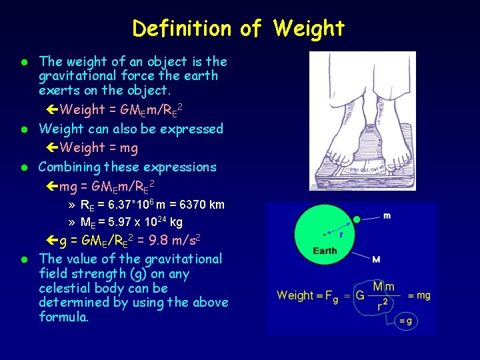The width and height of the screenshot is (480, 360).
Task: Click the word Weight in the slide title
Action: click(309, 29)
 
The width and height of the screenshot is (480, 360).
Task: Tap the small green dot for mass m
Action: click(357, 219)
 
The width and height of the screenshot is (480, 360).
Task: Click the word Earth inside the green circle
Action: click(325, 251)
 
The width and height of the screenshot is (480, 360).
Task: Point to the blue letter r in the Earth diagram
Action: click(341, 234)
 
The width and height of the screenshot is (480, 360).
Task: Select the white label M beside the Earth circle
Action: click(377, 259)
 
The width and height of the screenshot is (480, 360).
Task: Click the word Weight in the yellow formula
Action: click(295, 295)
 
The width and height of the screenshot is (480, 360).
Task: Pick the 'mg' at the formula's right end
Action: click(423, 295)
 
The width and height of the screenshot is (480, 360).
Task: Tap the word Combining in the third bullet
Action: click(69, 167)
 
